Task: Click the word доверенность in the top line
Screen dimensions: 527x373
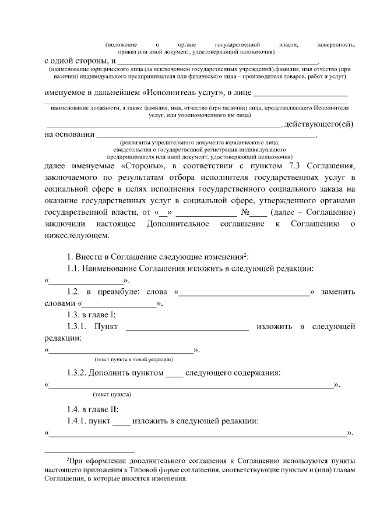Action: [336, 45]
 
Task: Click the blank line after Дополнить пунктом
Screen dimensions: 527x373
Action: [174, 373]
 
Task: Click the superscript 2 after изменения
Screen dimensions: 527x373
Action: [246, 254]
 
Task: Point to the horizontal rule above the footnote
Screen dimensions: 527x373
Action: [90, 451]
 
